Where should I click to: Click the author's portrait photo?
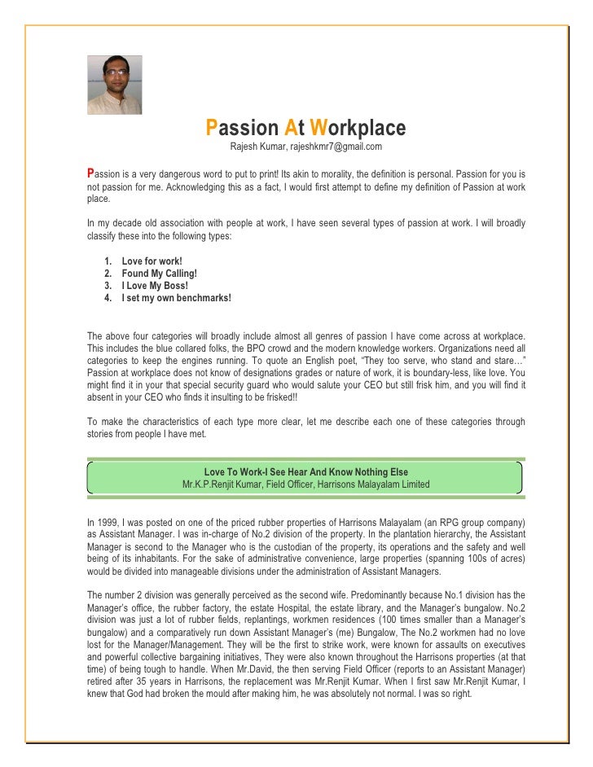click(x=115, y=85)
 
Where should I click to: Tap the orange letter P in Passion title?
click(x=211, y=128)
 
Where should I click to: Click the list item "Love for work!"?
click(x=152, y=261)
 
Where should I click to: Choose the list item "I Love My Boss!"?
click(x=155, y=286)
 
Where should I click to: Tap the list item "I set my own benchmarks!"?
click(x=176, y=298)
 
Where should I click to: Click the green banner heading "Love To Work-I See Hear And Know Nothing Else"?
click(x=305, y=472)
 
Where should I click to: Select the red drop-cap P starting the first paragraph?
click(x=91, y=173)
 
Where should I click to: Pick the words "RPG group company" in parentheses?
click(x=475, y=521)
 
